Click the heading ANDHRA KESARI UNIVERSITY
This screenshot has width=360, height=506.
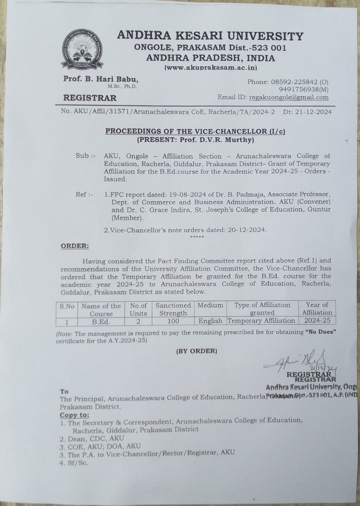coord(210,36)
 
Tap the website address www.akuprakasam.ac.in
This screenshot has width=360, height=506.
coord(211,68)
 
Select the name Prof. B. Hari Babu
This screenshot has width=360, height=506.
coord(101,79)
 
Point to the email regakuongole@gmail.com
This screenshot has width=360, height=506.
coord(288,97)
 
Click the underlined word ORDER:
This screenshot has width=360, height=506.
coord(75,246)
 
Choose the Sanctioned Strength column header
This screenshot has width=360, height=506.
coord(173,309)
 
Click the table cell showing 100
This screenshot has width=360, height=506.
coord(173,321)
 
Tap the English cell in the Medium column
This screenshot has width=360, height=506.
coord(210,321)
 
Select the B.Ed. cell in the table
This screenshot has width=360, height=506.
coord(101,321)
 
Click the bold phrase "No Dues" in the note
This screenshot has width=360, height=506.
coord(320,333)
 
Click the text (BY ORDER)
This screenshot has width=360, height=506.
coord(196,351)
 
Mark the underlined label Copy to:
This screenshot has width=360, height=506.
coord(74,415)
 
